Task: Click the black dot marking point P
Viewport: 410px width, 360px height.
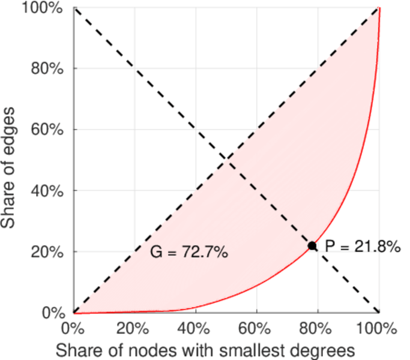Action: (312, 245)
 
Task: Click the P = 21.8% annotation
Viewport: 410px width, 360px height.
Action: (363, 246)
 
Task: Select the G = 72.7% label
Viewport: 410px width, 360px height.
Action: (188, 253)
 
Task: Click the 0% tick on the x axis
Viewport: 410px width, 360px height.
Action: (73, 329)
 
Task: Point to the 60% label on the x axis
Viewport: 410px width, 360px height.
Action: (257, 329)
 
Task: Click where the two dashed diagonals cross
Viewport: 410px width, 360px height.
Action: (226, 160)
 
